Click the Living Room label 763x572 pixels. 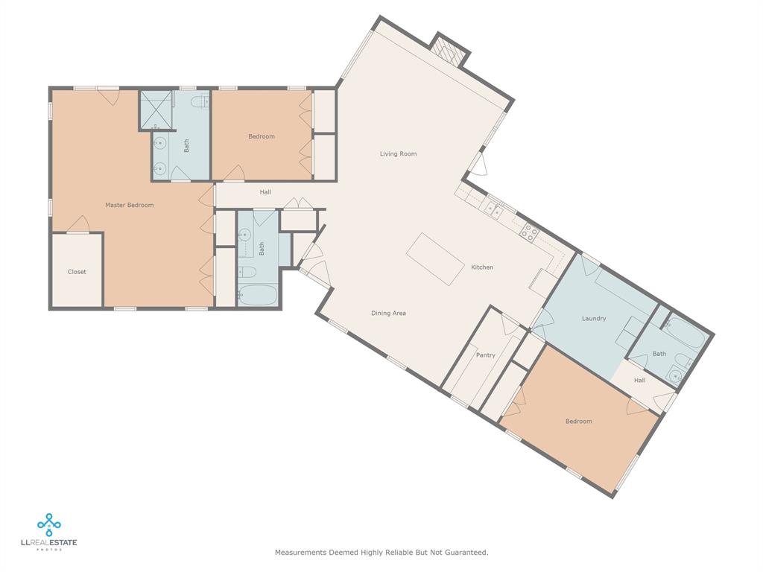(398, 153)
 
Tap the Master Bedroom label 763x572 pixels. (130, 206)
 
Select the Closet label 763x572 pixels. (77, 272)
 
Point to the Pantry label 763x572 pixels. (486, 355)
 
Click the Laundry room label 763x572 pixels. (594, 319)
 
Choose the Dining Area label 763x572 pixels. (388, 314)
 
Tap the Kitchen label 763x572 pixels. (482, 267)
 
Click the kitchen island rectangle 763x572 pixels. (435, 259)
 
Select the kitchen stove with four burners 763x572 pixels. (529, 233)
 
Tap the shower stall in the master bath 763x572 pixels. (156, 110)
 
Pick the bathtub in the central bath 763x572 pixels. (257, 295)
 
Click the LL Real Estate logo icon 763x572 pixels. (48, 525)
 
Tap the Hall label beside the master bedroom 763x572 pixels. (265, 192)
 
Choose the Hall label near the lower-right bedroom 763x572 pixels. (640, 381)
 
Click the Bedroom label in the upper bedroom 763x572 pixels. (262, 137)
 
